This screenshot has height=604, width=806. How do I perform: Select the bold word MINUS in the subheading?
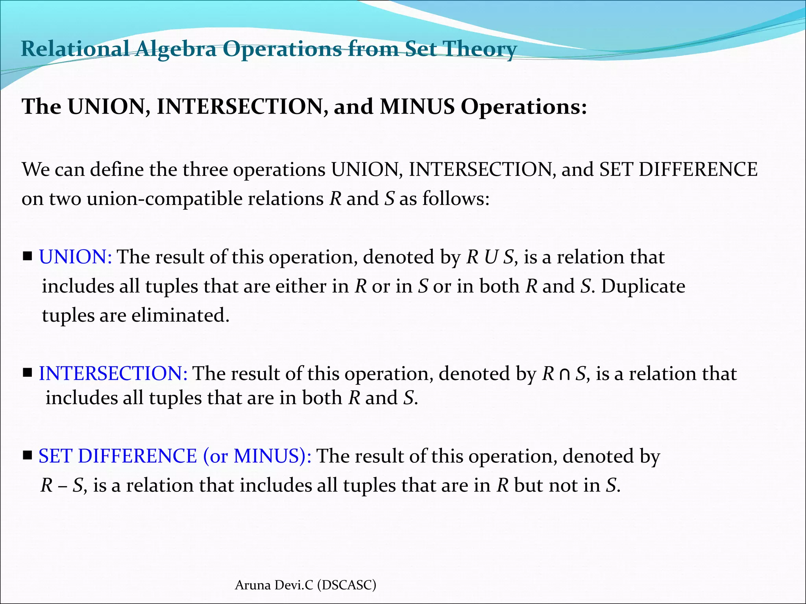[x=417, y=107]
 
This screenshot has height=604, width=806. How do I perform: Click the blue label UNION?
[x=75, y=257]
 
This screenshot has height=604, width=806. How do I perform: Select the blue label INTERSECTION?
[x=113, y=374]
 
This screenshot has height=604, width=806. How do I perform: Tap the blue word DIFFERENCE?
[x=137, y=456]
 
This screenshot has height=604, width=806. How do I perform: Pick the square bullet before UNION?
[x=28, y=257]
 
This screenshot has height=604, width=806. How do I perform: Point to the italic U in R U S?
[x=491, y=257]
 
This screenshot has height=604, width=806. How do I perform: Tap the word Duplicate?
[x=643, y=286]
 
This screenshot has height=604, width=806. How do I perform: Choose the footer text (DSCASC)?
[x=347, y=585]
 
